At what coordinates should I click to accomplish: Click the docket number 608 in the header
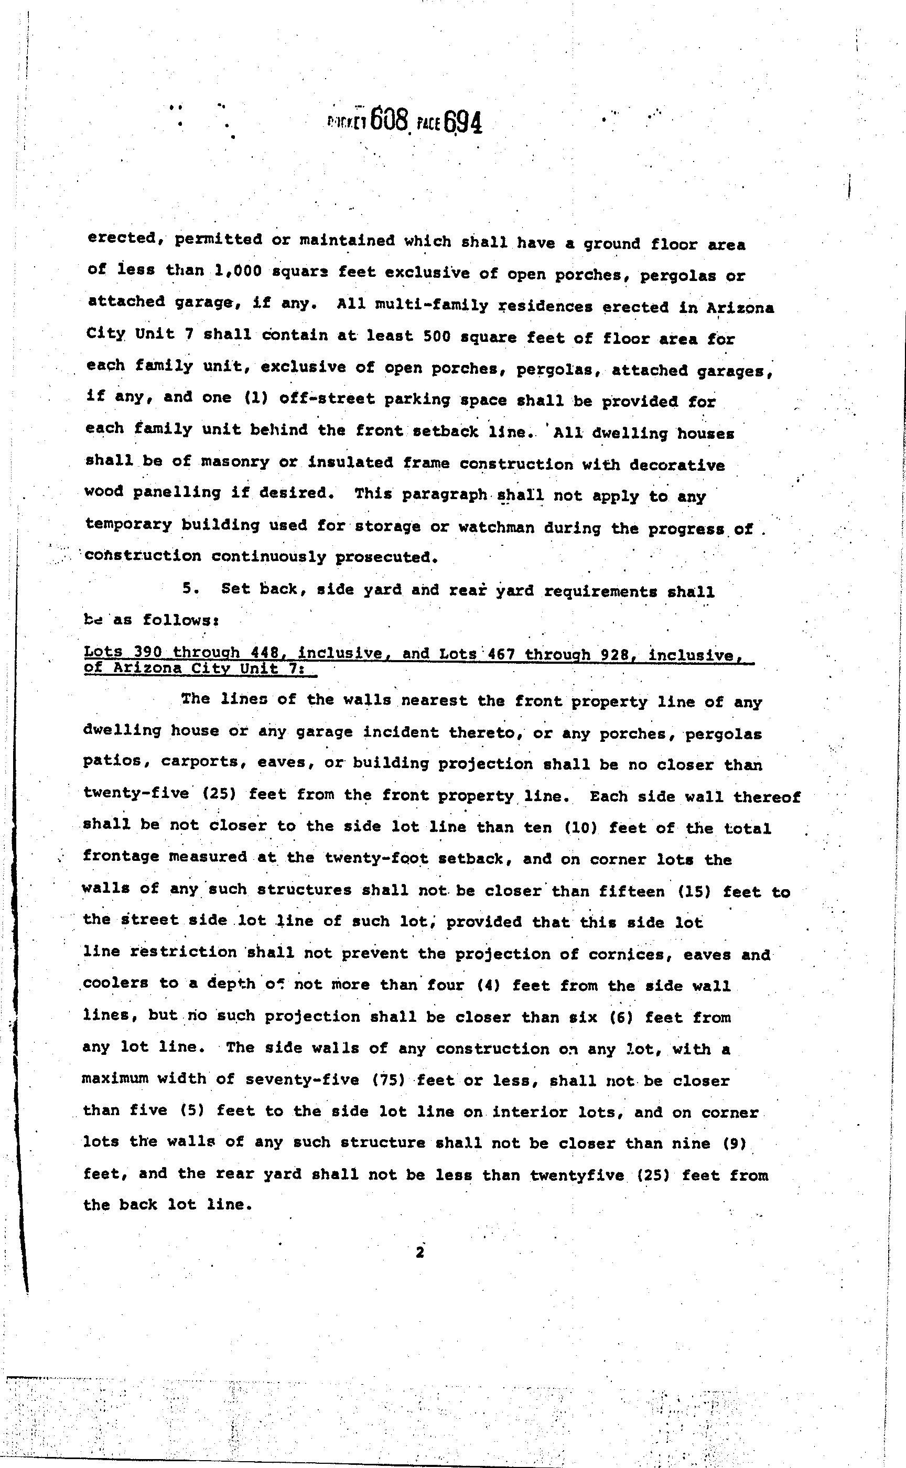tap(390, 120)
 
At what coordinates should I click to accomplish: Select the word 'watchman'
tap(496, 527)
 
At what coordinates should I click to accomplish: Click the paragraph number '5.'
tap(190, 588)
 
